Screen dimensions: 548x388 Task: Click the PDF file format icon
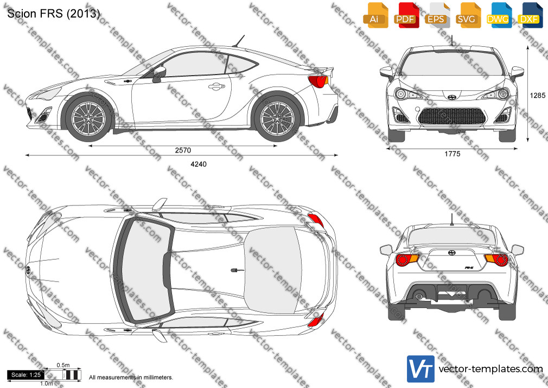click(406, 15)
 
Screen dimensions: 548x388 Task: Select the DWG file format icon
click(499, 15)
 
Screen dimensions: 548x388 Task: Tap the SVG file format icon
click(468, 15)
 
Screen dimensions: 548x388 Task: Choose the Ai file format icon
click(375, 15)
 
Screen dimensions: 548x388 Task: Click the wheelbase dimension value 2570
click(183, 150)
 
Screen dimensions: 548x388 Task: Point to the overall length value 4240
click(199, 164)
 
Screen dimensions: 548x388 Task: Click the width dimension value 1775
click(453, 154)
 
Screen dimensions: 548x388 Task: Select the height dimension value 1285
click(538, 95)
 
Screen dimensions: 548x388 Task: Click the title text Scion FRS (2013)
click(54, 13)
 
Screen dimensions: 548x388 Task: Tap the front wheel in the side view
click(88, 118)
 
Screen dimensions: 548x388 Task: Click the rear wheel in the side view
click(277, 118)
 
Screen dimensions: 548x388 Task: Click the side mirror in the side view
click(159, 74)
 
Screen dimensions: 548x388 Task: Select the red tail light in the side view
click(317, 81)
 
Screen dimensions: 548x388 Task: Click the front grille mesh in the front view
click(452, 116)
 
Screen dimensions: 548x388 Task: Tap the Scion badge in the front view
click(452, 96)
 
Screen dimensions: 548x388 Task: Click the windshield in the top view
click(143, 270)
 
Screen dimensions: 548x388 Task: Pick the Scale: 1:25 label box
click(26, 375)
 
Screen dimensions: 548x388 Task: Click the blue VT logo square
click(421, 369)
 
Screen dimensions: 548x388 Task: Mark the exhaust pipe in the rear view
click(418, 296)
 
